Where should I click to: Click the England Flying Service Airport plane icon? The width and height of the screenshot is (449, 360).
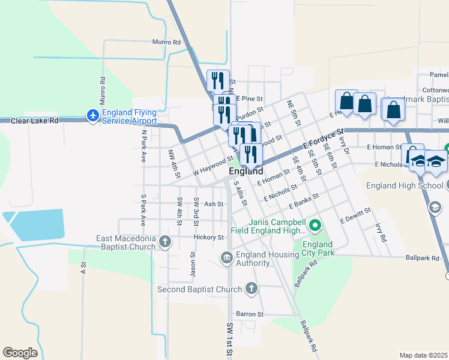[x=93, y=115]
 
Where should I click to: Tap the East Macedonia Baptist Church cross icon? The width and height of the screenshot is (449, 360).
[x=165, y=242]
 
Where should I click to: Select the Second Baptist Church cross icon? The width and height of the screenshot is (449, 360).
[x=251, y=289]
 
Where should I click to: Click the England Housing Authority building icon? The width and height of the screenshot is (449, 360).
[x=227, y=258]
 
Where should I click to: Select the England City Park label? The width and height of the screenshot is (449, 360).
[x=318, y=249]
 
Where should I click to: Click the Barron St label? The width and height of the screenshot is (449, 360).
[x=250, y=314]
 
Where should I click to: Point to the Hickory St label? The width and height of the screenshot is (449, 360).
[x=208, y=238]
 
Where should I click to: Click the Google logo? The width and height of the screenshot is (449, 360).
[x=20, y=352]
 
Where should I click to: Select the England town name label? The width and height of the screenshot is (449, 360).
[x=246, y=172]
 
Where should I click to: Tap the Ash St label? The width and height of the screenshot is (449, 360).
[x=214, y=204]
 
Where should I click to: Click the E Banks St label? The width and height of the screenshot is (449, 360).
[x=303, y=201]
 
